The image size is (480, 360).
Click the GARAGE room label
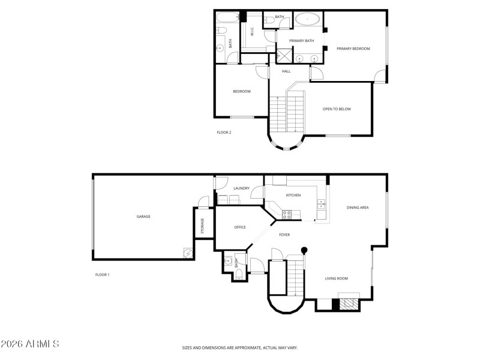[x=143, y=216]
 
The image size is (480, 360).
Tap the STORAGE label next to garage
[x=203, y=226]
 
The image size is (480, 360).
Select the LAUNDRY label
[x=241, y=188]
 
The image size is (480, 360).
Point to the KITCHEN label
[x=293, y=196]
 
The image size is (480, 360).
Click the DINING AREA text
[x=358, y=208]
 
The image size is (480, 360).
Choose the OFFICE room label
[x=240, y=227]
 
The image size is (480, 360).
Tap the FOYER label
[x=284, y=235]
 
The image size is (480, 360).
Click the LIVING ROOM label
[x=337, y=278]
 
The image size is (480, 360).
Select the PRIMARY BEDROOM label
[x=353, y=49]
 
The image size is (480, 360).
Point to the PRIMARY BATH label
[x=302, y=41]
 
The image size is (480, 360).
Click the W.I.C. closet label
[x=253, y=34]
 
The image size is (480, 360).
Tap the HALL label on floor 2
[x=287, y=71]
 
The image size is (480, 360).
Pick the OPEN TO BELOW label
[x=337, y=109]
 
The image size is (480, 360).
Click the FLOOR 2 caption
[x=224, y=133]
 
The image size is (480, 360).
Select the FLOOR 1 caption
[x=103, y=275]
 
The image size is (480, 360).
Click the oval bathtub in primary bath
[x=307, y=20]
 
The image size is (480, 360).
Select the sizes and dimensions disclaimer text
[x=240, y=347]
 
